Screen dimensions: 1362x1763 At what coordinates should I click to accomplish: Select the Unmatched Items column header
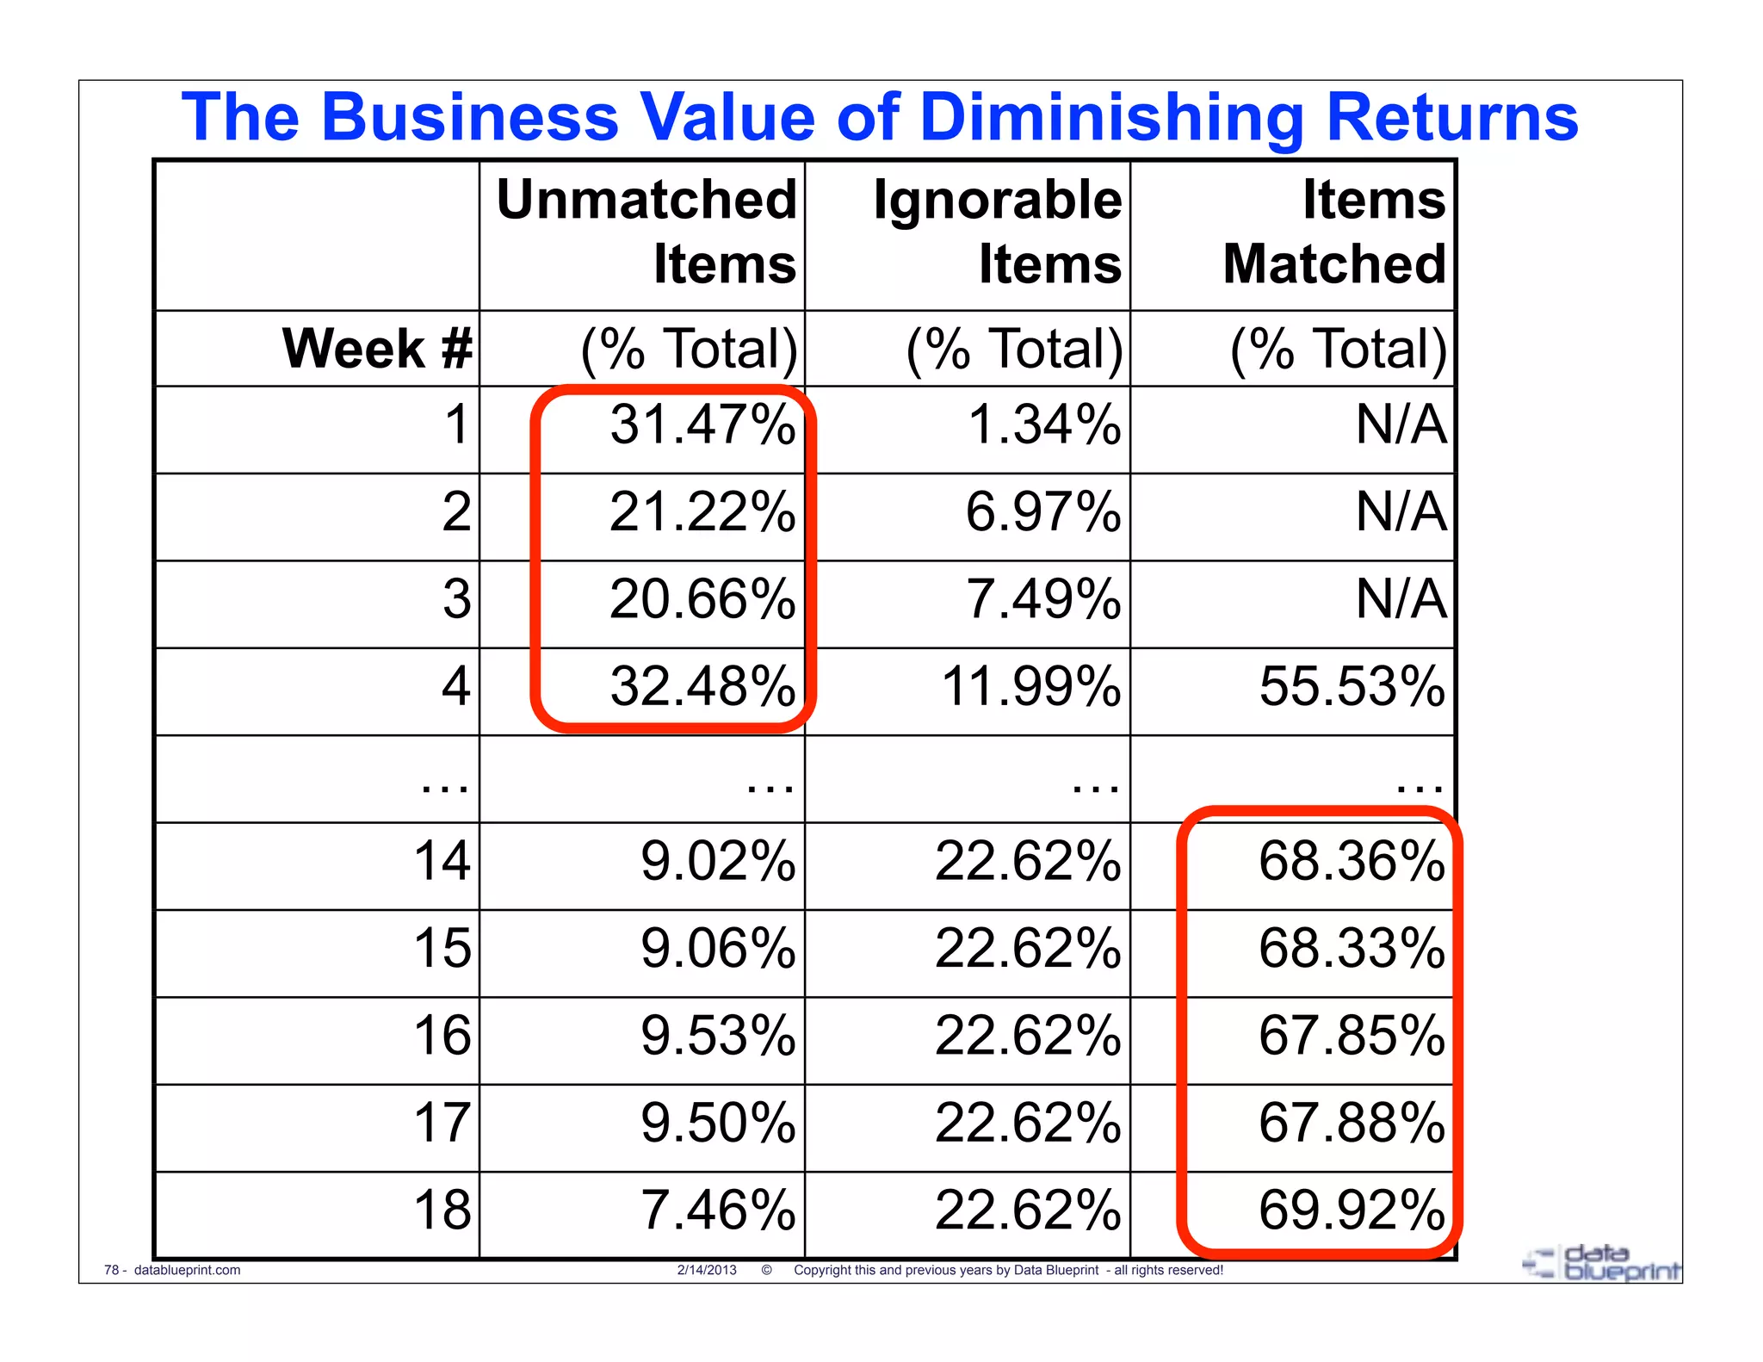click(x=647, y=231)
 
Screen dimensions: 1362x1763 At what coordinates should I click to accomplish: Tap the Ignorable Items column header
click(x=998, y=231)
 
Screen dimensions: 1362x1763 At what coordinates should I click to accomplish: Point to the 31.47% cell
click(x=702, y=425)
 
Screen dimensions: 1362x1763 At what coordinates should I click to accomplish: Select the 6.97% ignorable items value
click(x=1042, y=512)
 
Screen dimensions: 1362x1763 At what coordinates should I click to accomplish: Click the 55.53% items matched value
click(x=1352, y=687)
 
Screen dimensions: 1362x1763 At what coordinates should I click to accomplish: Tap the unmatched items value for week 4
click(x=702, y=687)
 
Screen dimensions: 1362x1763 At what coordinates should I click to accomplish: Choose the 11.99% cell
click(x=1031, y=687)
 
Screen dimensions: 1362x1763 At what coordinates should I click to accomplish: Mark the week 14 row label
click(x=442, y=861)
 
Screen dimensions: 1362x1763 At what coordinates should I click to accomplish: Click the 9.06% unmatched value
click(x=717, y=949)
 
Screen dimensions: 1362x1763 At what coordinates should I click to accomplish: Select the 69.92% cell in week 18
click(x=1352, y=1210)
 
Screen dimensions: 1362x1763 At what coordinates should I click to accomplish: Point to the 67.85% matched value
click(x=1352, y=1036)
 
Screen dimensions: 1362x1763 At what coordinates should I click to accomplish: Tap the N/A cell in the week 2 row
click(x=1401, y=512)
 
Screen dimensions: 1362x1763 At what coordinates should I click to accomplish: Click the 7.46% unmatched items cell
click(x=717, y=1210)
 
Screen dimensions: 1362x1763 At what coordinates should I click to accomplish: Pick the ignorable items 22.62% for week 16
click(x=1028, y=1036)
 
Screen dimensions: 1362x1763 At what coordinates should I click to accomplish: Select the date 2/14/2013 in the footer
click(x=707, y=1270)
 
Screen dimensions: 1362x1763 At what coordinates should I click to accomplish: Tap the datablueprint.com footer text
click(x=187, y=1270)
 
